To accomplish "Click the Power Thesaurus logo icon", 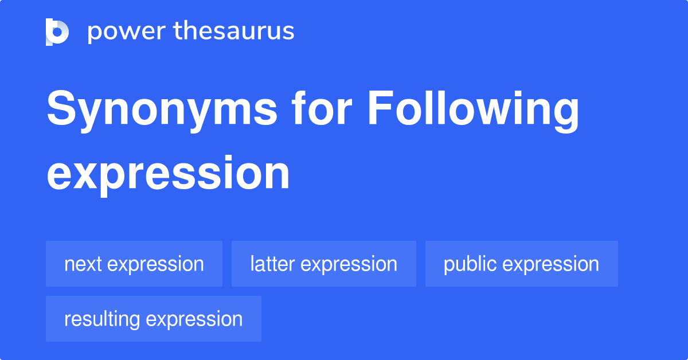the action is (57, 32).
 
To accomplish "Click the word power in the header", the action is (127, 32).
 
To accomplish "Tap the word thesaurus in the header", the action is (234, 30).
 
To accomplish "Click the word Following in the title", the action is (474, 111).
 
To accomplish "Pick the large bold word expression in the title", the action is (168, 175).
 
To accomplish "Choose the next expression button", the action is (134, 264).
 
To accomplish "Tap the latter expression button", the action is (324, 264).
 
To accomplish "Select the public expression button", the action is (522, 264).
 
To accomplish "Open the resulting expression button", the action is (154, 319).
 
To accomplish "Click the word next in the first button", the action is (83, 264).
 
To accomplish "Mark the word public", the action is (470, 265).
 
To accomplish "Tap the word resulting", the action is (102, 320).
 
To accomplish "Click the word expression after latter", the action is (349, 265).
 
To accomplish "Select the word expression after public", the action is (551, 265).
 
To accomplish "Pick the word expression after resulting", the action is (194, 320).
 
